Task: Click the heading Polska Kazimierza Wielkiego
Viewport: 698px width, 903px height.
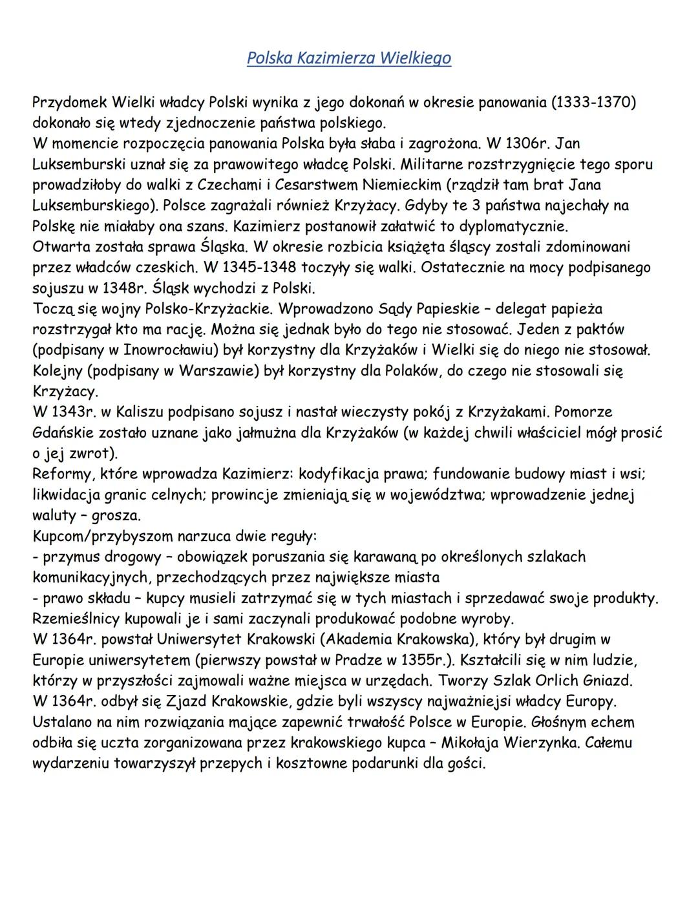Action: (348, 58)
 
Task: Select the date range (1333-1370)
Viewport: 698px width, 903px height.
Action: (590, 103)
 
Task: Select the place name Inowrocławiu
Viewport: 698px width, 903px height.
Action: (203, 350)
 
